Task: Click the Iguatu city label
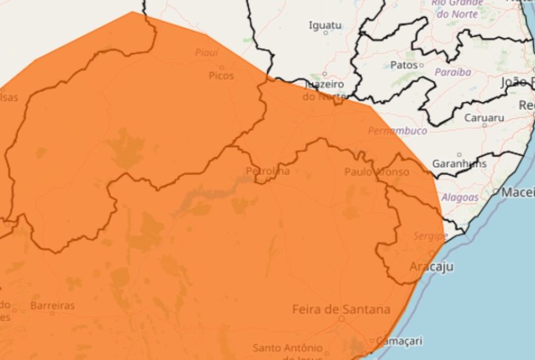click(325, 25)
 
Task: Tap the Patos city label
click(404, 64)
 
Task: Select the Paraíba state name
click(452, 72)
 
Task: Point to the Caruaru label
click(484, 117)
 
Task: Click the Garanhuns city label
click(459, 164)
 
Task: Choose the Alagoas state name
click(460, 197)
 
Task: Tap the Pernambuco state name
click(397, 131)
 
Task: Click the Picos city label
click(221, 75)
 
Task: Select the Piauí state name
click(207, 53)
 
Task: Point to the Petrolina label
click(267, 171)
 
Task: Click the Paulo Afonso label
click(377, 172)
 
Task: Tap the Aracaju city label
click(431, 267)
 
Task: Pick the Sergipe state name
click(430, 235)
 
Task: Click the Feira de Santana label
click(341, 310)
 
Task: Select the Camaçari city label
click(399, 341)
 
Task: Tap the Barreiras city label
click(52, 305)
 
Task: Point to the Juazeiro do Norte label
click(323, 90)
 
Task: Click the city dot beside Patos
click(421, 64)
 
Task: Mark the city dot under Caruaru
click(485, 125)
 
